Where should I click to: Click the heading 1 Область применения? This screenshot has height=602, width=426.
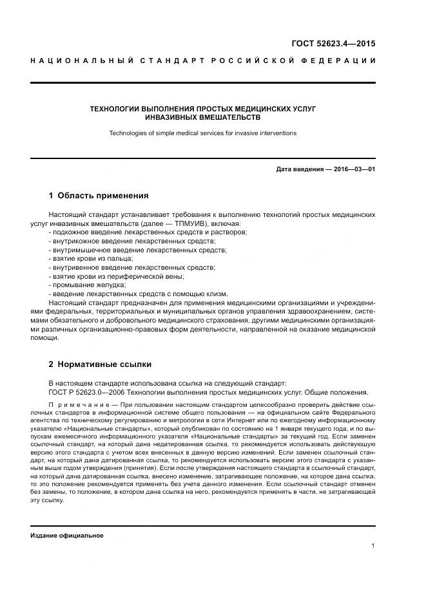[99, 195]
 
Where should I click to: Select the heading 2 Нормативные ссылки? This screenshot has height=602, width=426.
[100, 364]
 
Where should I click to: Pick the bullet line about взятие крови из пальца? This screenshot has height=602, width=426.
[91, 258]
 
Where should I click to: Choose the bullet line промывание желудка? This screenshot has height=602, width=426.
[87, 285]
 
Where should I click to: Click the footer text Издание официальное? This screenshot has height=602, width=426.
[66, 536]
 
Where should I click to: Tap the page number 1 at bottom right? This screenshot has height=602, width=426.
[373, 546]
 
